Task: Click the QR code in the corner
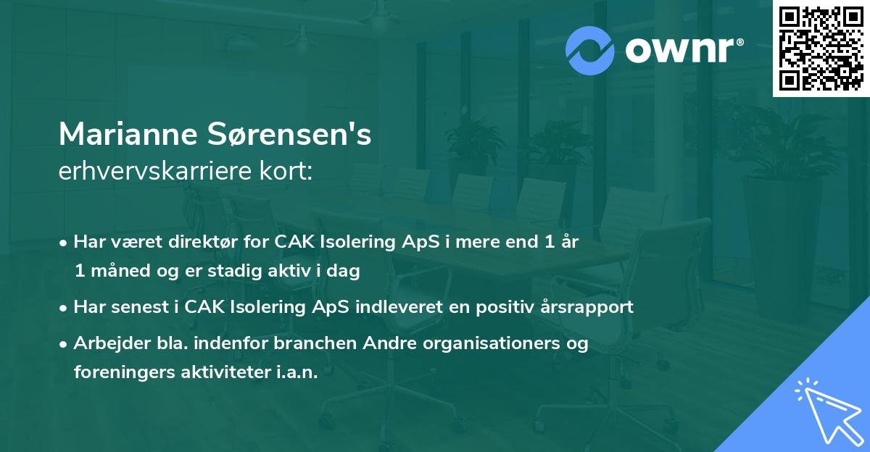pyautogui.click(x=821, y=49)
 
